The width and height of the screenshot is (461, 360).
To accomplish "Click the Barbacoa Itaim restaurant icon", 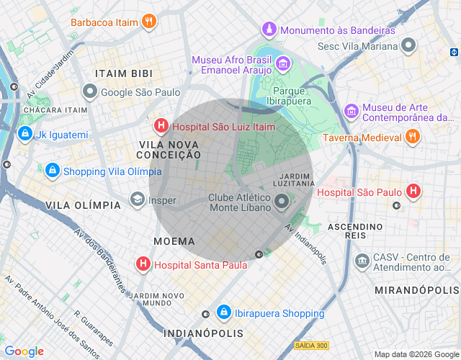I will pyautogui.click(x=148, y=22).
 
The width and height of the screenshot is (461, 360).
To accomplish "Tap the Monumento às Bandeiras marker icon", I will pyautogui.click(x=269, y=30).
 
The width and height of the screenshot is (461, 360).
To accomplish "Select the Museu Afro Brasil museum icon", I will pyautogui.click(x=283, y=65).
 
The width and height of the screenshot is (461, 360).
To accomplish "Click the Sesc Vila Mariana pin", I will pyautogui.click(x=409, y=46).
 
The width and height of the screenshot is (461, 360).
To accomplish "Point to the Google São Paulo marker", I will pyautogui.click(x=89, y=92).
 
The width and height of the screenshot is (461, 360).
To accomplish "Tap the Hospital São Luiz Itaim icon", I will pyautogui.click(x=161, y=127).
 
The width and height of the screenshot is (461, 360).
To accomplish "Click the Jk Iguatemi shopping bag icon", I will pyautogui.click(x=25, y=134).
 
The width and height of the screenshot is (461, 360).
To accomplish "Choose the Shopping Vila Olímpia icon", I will pyautogui.click(x=52, y=171).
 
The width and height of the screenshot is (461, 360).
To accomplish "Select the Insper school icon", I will pyautogui.click(x=137, y=199).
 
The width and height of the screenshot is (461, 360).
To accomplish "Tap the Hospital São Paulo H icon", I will pyautogui.click(x=413, y=192).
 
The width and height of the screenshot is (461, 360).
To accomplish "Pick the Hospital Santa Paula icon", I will pyautogui.click(x=143, y=264).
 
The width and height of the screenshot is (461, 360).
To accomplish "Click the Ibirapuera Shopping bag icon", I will pyautogui.click(x=224, y=312).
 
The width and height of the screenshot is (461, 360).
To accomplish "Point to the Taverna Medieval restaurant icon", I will pyautogui.click(x=412, y=137).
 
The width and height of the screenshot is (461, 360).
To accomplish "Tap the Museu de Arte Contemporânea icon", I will pyautogui.click(x=351, y=111).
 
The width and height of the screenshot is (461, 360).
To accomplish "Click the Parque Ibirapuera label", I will pyautogui.click(x=290, y=96).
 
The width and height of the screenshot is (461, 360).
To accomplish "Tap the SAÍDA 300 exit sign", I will pyautogui.click(x=310, y=345).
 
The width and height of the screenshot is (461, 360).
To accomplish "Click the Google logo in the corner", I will pyautogui.click(x=24, y=351).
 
